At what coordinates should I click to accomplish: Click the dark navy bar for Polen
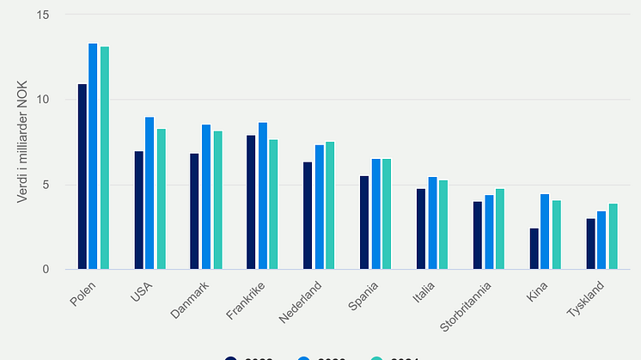click(x=82, y=177)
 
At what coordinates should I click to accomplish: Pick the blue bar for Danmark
click(x=206, y=197)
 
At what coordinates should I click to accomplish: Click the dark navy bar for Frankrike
click(x=251, y=203)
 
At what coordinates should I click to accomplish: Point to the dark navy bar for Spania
click(x=364, y=223)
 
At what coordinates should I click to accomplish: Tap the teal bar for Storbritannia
click(x=499, y=229)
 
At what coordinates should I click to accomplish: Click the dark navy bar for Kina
click(x=534, y=249)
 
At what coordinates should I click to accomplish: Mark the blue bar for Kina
click(x=545, y=232)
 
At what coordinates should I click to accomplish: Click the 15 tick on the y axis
click(x=44, y=15)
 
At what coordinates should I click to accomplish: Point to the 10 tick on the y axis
click(x=44, y=100)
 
